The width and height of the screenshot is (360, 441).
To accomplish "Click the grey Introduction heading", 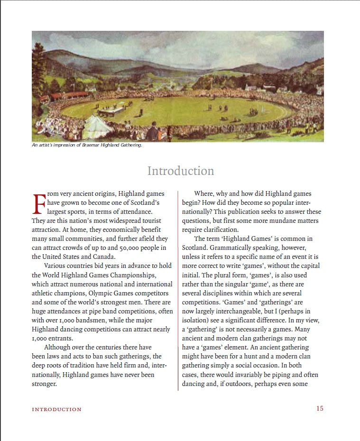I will pos(180,171).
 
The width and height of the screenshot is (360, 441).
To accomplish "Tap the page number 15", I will pos(320,408).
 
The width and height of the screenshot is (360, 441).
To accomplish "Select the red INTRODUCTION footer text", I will pos(56,409).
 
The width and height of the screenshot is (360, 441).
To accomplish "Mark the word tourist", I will pos(147,221).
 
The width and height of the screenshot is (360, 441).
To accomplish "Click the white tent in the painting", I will pos(97,126).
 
